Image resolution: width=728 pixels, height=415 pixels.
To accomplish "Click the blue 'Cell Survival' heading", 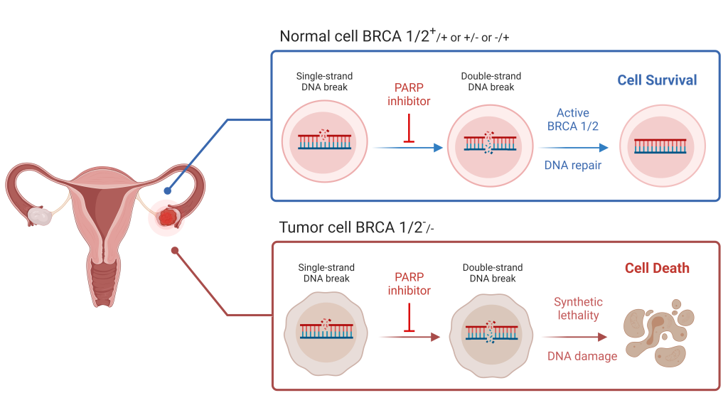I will pos(657,80).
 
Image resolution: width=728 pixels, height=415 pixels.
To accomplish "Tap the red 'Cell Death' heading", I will pos(657,269).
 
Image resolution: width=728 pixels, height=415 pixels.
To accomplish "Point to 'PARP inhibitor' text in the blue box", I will pos(409,95).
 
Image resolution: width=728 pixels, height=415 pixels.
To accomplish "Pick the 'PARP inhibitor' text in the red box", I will pos(409,284).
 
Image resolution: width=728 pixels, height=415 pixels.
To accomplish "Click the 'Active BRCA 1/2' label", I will pos(573,119).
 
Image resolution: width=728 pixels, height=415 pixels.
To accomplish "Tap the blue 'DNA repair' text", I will pos(573,165).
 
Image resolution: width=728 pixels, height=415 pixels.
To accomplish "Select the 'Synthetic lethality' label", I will pos(577,308).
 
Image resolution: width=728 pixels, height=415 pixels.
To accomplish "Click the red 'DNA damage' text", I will pos(582,355).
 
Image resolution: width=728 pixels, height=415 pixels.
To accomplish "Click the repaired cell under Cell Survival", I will pos(663,146).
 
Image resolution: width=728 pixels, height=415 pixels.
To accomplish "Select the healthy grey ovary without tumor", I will pos(40,217).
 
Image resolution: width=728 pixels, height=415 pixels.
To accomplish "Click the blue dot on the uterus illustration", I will pos(167,190).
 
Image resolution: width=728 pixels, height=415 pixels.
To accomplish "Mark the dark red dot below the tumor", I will pos(174,250).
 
